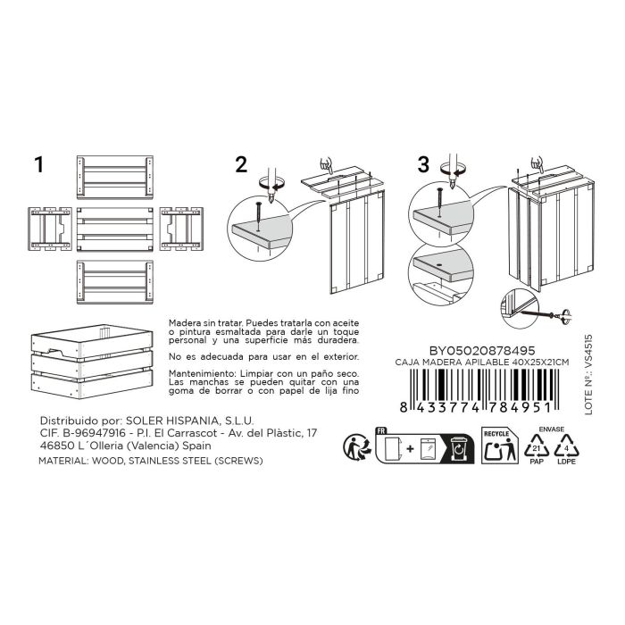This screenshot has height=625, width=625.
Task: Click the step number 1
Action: [x=38, y=164]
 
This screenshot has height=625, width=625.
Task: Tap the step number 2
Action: [x=241, y=164]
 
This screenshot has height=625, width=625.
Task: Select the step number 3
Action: [x=423, y=164]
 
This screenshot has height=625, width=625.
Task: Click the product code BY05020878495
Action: [x=482, y=351]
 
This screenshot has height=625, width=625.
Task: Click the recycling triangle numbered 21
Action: [x=537, y=446]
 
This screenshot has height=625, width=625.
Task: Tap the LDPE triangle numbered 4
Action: [x=566, y=446]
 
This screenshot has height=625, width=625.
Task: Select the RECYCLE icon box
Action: [x=500, y=446]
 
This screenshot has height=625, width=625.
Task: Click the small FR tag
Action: [x=381, y=431]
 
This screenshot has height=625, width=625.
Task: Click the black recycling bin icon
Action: [x=459, y=449]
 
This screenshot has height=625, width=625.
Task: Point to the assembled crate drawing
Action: [x=92, y=361]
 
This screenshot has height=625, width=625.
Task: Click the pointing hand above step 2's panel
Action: [x=327, y=164]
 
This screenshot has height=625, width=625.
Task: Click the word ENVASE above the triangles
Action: [x=552, y=429]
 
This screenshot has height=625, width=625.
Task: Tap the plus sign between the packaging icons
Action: [x=410, y=449]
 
